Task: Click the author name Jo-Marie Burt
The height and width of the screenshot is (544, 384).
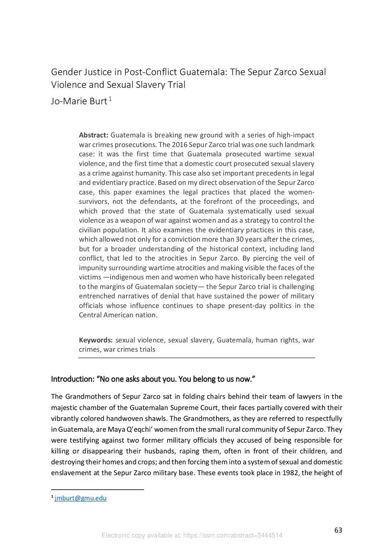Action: (x=79, y=101)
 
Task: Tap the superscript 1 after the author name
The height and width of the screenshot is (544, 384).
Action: (x=110, y=99)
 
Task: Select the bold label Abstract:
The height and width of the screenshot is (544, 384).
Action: (x=93, y=135)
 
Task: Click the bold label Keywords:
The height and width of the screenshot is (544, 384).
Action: (x=96, y=340)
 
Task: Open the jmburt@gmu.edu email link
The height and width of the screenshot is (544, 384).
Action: (x=81, y=498)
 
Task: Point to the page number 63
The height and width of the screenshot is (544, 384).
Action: (x=338, y=530)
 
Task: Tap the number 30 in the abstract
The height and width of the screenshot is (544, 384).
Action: (x=239, y=239)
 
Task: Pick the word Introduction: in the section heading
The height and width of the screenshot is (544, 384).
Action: (x=73, y=379)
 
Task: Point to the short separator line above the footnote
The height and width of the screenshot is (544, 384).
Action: (x=97, y=490)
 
